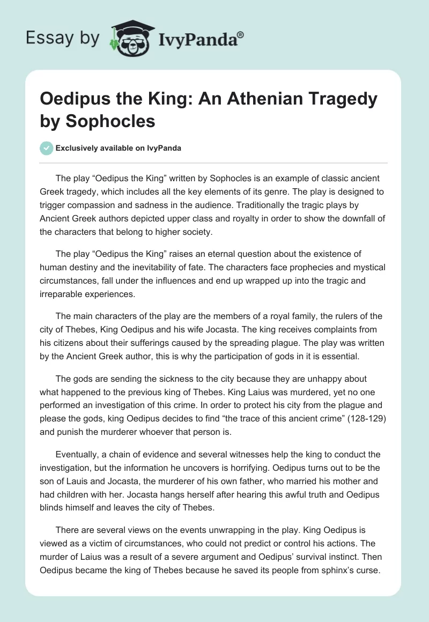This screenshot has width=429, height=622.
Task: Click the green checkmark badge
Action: click(47, 148)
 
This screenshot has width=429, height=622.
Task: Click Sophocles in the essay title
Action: click(110, 121)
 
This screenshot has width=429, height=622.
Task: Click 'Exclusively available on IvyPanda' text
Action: click(119, 148)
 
